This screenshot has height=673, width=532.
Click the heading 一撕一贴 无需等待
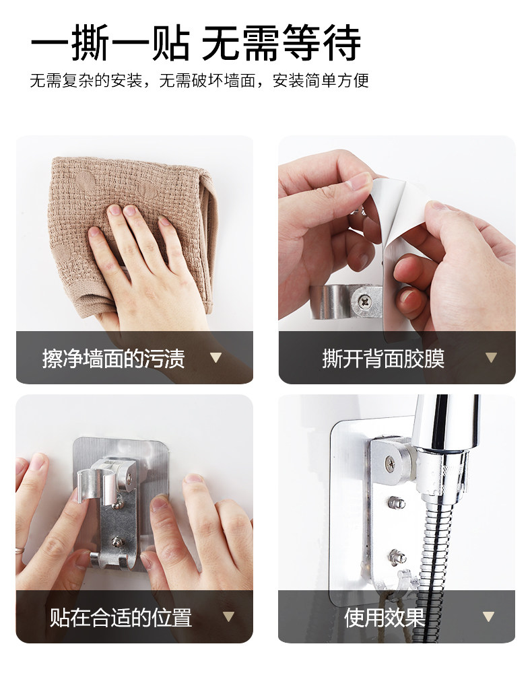[195, 42]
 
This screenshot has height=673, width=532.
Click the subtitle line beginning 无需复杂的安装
[199, 80]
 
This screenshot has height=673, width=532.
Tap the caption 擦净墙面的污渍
[113, 359]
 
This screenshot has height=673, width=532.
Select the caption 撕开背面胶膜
[383, 359]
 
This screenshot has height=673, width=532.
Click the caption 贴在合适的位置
[121, 617]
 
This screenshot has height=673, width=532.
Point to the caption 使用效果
[385, 617]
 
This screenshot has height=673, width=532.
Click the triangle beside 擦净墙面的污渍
[215, 357]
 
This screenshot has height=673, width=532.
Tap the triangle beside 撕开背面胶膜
[491, 357]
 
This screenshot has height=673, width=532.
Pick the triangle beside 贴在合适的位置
[228, 616]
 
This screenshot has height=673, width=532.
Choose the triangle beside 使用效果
[488, 616]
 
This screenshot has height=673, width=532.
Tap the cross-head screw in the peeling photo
[365, 300]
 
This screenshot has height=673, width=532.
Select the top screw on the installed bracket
[391, 463]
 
